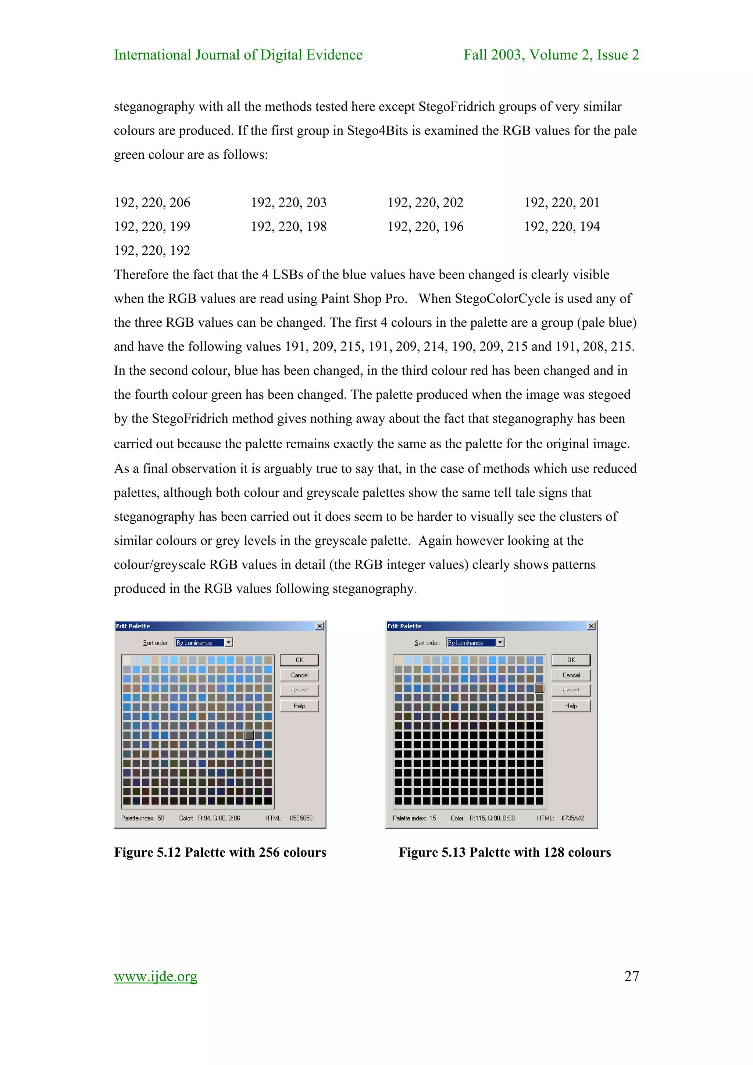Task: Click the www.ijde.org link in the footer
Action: (156, 976)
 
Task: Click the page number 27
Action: (631, 976)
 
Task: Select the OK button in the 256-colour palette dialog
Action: (299, 660)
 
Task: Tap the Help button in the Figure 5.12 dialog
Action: (299, 706)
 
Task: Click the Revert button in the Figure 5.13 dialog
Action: (571, 690)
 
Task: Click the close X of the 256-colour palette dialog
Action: (320, 626)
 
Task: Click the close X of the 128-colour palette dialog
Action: (591, 626)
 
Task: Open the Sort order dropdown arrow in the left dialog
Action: (228, 642)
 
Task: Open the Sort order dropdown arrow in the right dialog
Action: (500, 642)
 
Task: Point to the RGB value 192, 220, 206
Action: (152, 202)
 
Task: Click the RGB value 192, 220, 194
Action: (562, 226)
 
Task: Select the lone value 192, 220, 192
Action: (152, 251)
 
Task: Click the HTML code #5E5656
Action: (301, 818)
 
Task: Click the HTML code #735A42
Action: (572, 818)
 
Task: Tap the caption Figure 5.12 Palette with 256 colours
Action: (220, 852)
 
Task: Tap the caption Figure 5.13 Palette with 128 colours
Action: (505, 852)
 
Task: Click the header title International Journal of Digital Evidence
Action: (238, 55)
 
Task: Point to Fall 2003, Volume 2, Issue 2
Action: (551, 55)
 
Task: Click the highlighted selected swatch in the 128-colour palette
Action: (539, 688)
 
